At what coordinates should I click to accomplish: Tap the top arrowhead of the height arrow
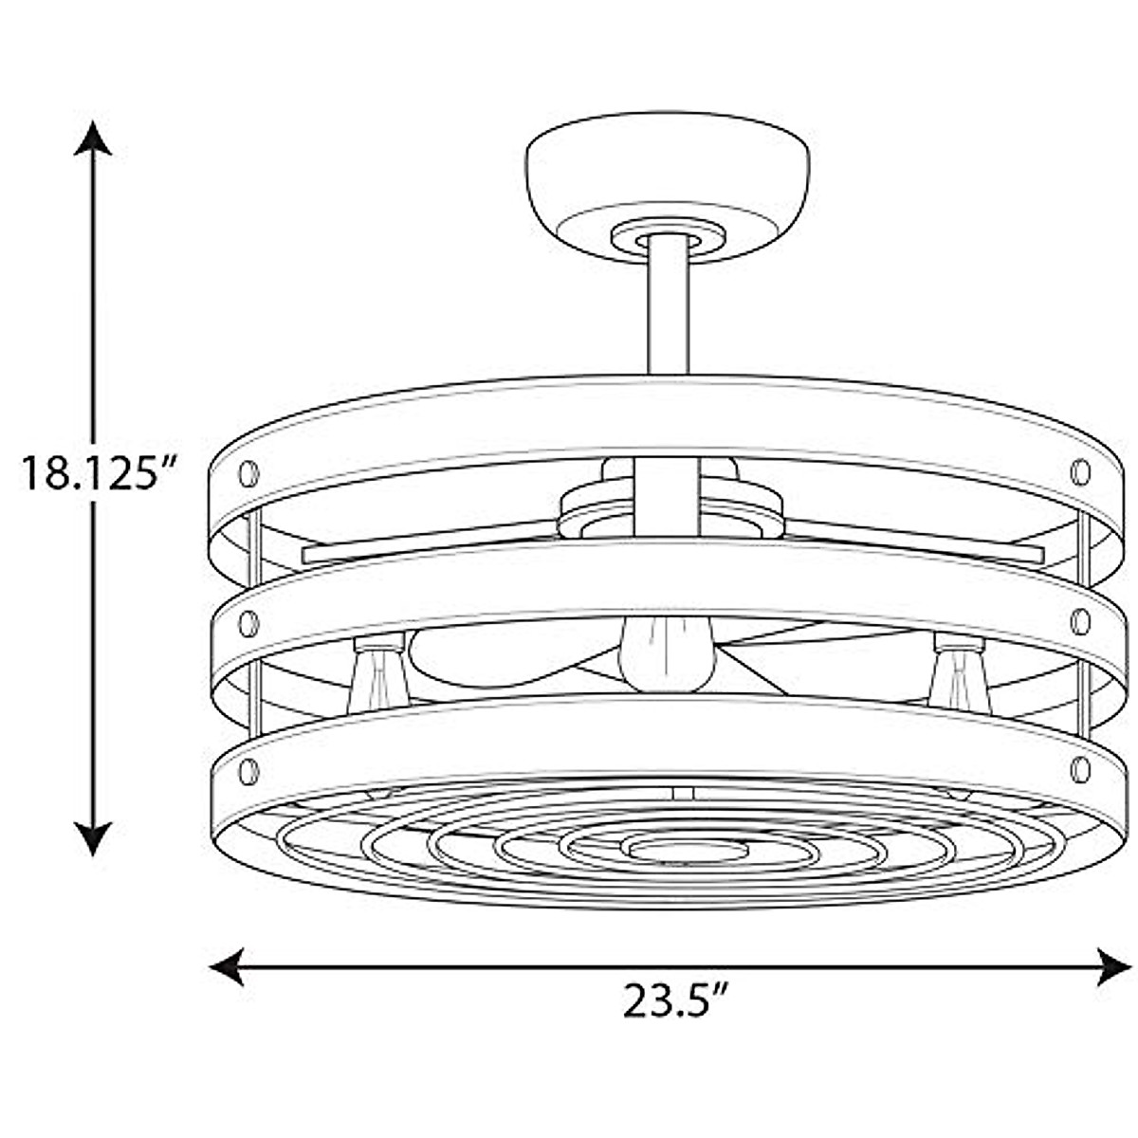point(93,138)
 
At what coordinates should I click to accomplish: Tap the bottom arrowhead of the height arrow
point(93,838)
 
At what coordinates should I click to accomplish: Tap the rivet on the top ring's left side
point(249,471)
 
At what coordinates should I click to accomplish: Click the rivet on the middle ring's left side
point(249,624)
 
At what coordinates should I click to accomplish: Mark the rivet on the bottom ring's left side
point(249,771)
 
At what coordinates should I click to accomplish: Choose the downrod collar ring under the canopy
point(669,234)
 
